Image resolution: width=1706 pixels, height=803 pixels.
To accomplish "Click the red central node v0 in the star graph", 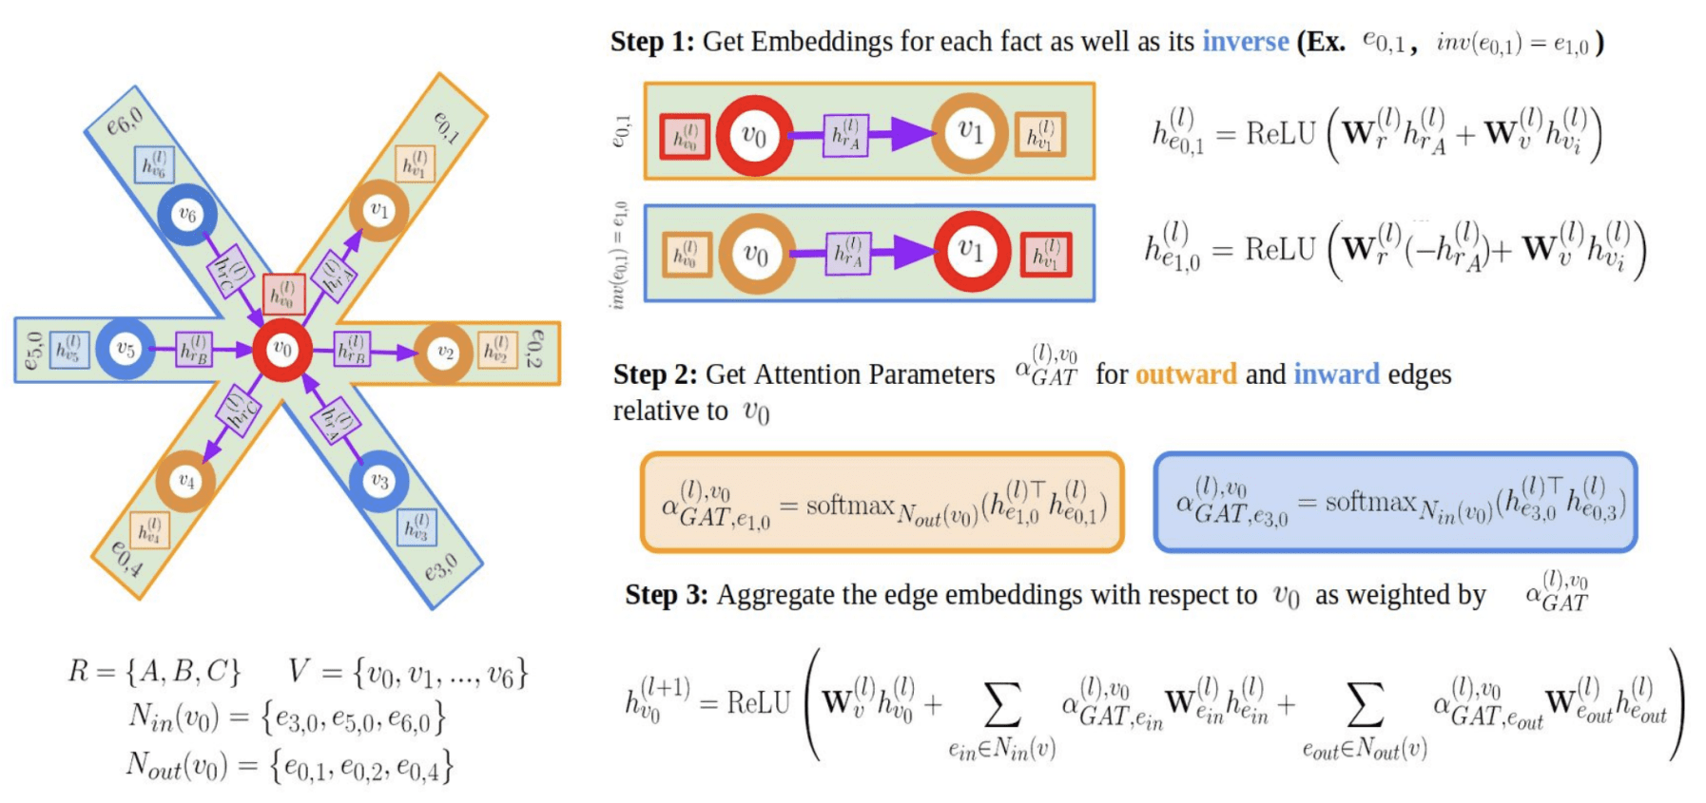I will point(282,350).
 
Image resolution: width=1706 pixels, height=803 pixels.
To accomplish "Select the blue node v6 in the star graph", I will point(187,215).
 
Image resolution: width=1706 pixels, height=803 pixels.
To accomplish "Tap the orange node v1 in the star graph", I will point(378,210).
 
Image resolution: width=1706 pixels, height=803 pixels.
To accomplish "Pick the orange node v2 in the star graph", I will point(443,353).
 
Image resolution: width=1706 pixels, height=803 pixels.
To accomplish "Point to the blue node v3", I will point(378,482).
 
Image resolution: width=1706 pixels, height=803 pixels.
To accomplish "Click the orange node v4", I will point(185,482).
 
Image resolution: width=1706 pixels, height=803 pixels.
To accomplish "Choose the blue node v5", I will point(125,350).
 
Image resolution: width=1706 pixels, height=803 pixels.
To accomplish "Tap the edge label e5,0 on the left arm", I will point(33,350).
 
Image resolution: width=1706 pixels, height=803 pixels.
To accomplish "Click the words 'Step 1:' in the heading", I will point(652,42).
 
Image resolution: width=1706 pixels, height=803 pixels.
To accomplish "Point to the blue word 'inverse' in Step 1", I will point(1245,42).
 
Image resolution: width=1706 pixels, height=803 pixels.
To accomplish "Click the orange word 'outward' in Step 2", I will point(1186,374).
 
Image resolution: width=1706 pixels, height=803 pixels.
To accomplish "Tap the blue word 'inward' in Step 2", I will point(1336,374).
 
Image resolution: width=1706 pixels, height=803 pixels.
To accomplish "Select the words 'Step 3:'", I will point(667,595).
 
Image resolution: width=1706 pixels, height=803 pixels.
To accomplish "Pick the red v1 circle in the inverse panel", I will point(971,251).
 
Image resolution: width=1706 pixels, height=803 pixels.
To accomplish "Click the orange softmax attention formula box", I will point(882,503).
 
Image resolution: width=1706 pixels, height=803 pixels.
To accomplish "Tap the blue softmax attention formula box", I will point(1395,503).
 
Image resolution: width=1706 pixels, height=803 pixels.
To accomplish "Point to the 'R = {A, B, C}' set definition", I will point(154,673).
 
